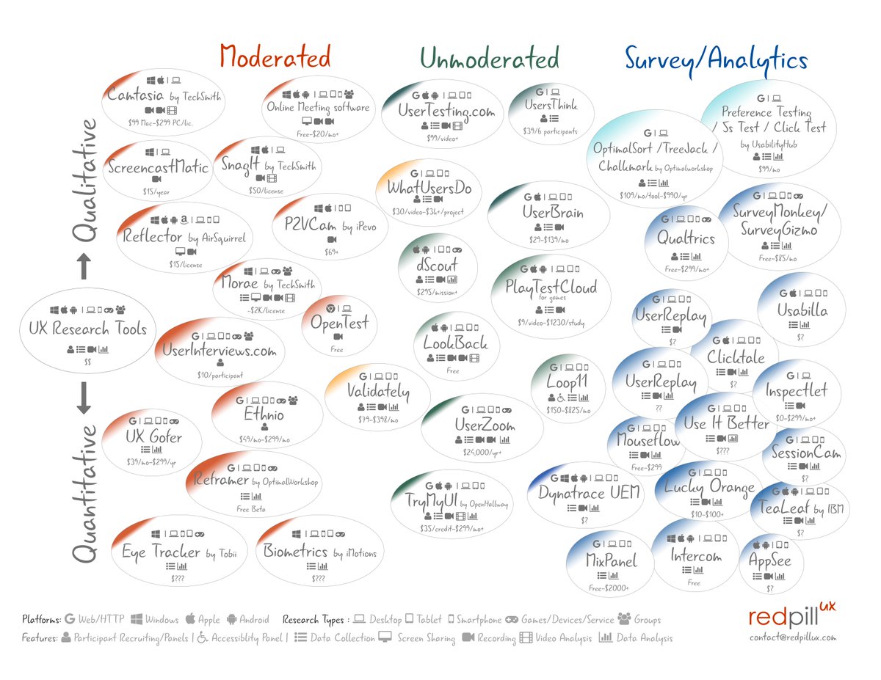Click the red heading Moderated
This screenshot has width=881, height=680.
275,57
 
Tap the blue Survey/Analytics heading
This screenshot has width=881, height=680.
716,59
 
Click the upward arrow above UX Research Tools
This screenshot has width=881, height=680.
83,266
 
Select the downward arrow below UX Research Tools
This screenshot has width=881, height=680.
83,398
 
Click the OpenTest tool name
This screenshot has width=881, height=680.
338,323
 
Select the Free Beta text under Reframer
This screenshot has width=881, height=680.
250,508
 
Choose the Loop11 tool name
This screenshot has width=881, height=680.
566,381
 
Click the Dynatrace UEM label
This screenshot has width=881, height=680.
589,491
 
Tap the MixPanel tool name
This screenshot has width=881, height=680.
610,561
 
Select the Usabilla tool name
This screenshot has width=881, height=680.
802,310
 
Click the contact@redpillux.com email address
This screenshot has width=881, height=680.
792,637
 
